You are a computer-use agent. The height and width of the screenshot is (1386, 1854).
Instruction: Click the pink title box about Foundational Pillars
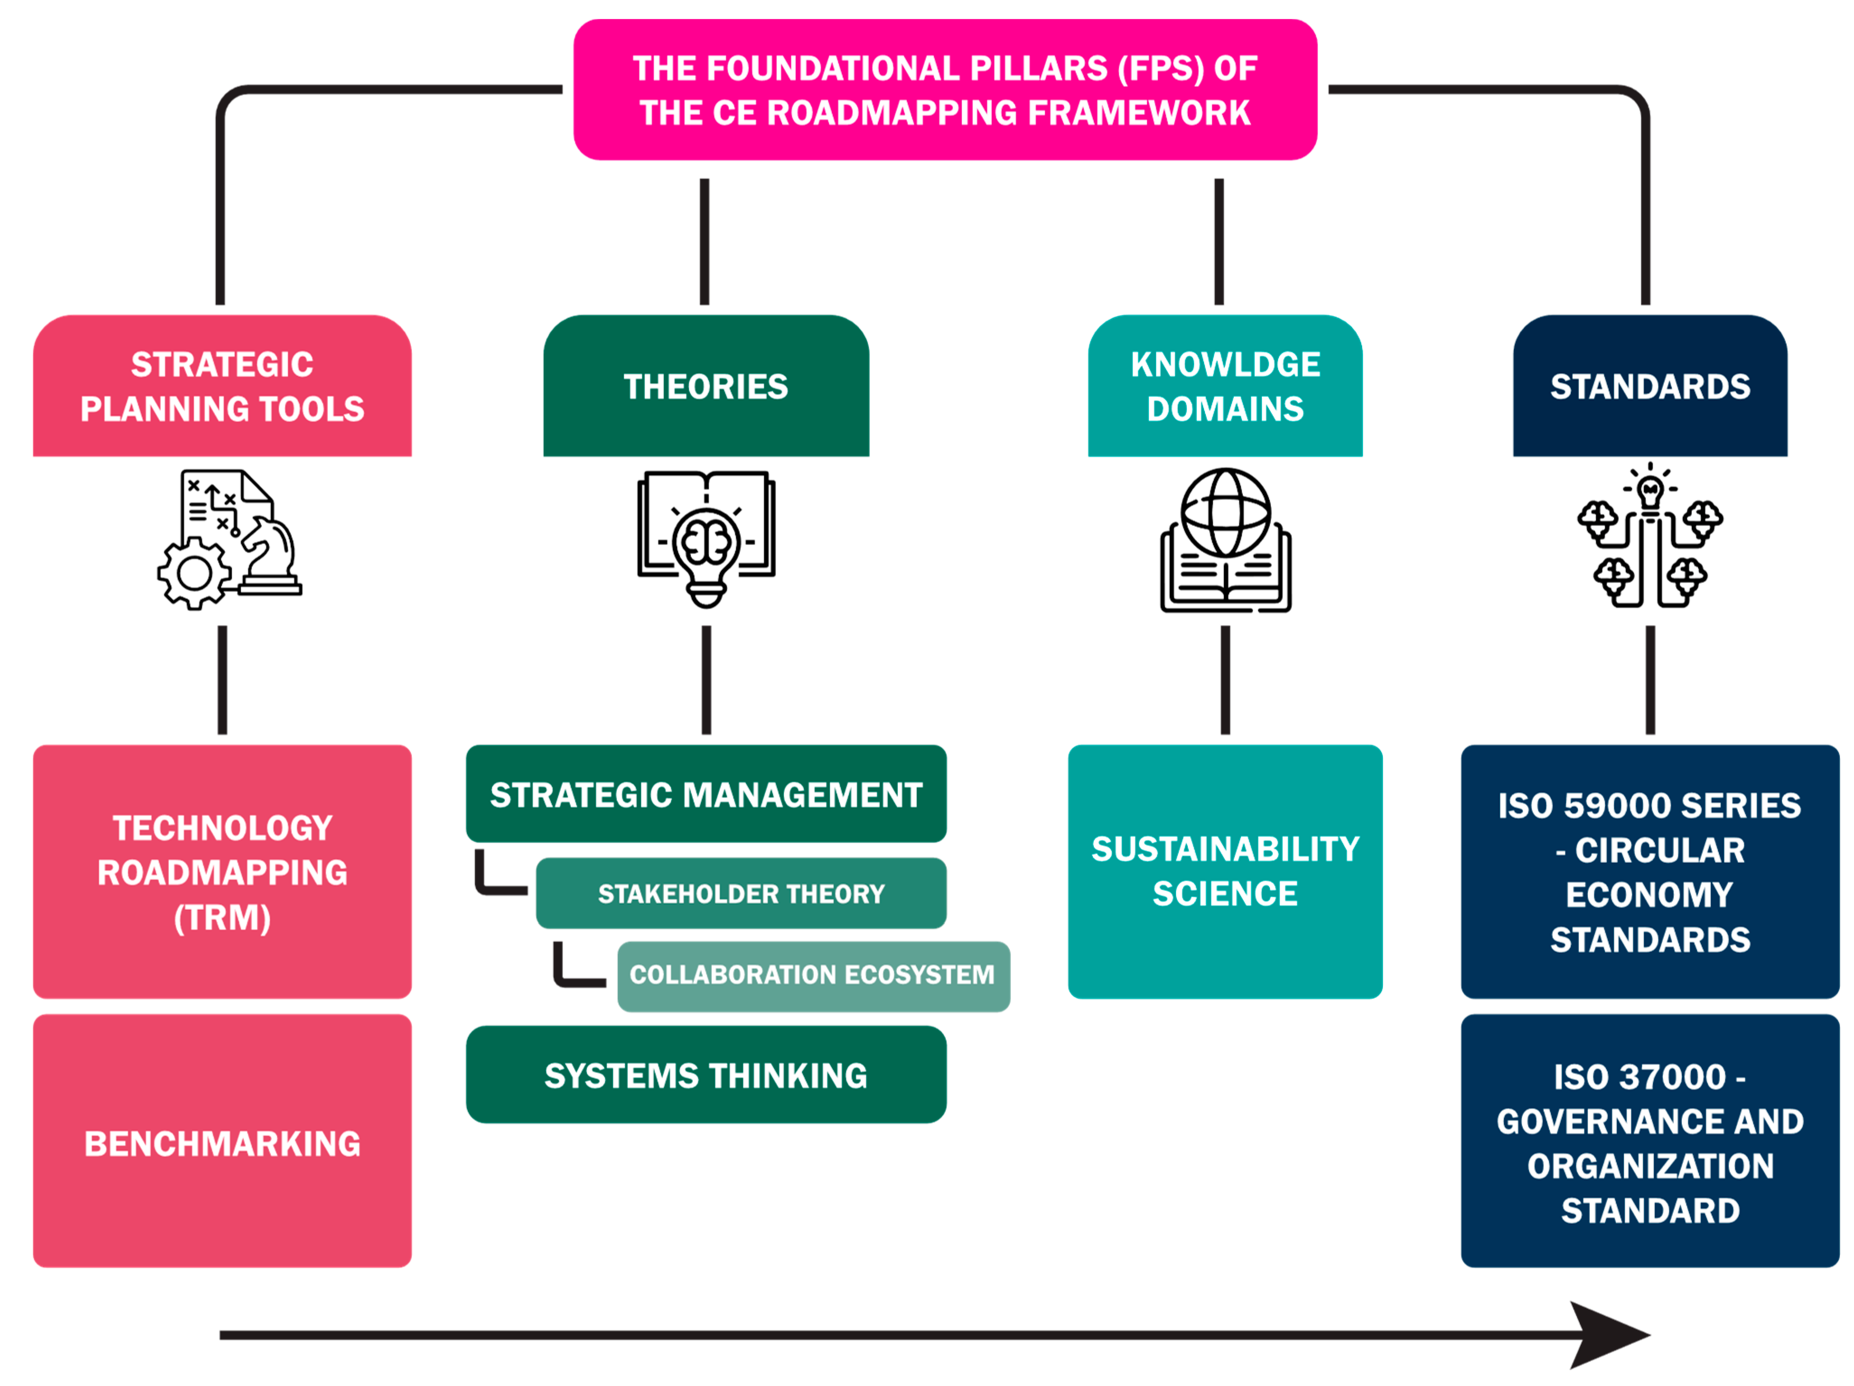pyautogui.click(x=944, y=90)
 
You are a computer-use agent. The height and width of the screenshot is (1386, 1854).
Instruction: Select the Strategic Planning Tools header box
pyautogui.click(x=222, y=386)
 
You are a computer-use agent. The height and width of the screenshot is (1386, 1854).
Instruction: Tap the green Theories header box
pyautogui.click(x=706, y=386)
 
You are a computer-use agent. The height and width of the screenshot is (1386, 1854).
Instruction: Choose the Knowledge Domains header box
pyautogui.click(x=1224, y=386)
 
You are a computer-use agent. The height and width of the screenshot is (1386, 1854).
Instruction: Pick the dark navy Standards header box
pyautogui.click(x=1649, y=386)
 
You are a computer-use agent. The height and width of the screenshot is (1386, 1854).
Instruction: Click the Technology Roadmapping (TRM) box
pyautogui.click(x=222, y=872)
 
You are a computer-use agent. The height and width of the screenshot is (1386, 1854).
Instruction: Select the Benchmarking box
pyautogui.click(x=222, y=1141)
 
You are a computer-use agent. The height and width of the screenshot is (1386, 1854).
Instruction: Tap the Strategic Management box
pyautogui.click(x=706, y=793)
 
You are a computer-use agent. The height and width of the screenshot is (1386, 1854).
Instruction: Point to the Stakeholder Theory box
pyautogui.click(x=741, y=893)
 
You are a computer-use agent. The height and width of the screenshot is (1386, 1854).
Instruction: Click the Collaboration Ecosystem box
pyautogui.click(x=813, y=975)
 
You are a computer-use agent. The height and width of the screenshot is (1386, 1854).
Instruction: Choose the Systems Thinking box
pyautogui.click(x=706, y=1074)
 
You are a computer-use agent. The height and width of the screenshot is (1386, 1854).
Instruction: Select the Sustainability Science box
pyautogui.click(x=1224, y=872)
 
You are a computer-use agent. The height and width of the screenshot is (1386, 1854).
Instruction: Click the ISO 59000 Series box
pyautogui.click(x=1649, y=872)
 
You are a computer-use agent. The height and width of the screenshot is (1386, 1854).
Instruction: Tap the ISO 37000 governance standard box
pyautogui.click(x=1649, y=1141)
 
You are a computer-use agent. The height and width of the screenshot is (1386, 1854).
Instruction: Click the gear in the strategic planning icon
pyautogui.click(x=195, y=574)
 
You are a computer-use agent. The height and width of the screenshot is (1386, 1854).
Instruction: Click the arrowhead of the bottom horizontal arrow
pyautogui.click(x=1605, y=1334)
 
